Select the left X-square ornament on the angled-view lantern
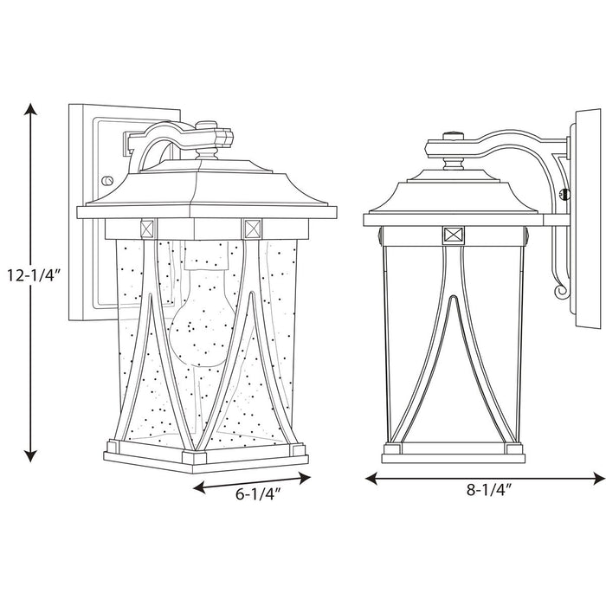pyautogui.click(x=145, y=230)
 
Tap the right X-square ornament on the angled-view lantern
pyautogui.click(x=252, y=229)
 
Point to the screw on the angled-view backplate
pyautogui.click(x=107, y=180)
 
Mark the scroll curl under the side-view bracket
pyautogui.click(x=562, y=293)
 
